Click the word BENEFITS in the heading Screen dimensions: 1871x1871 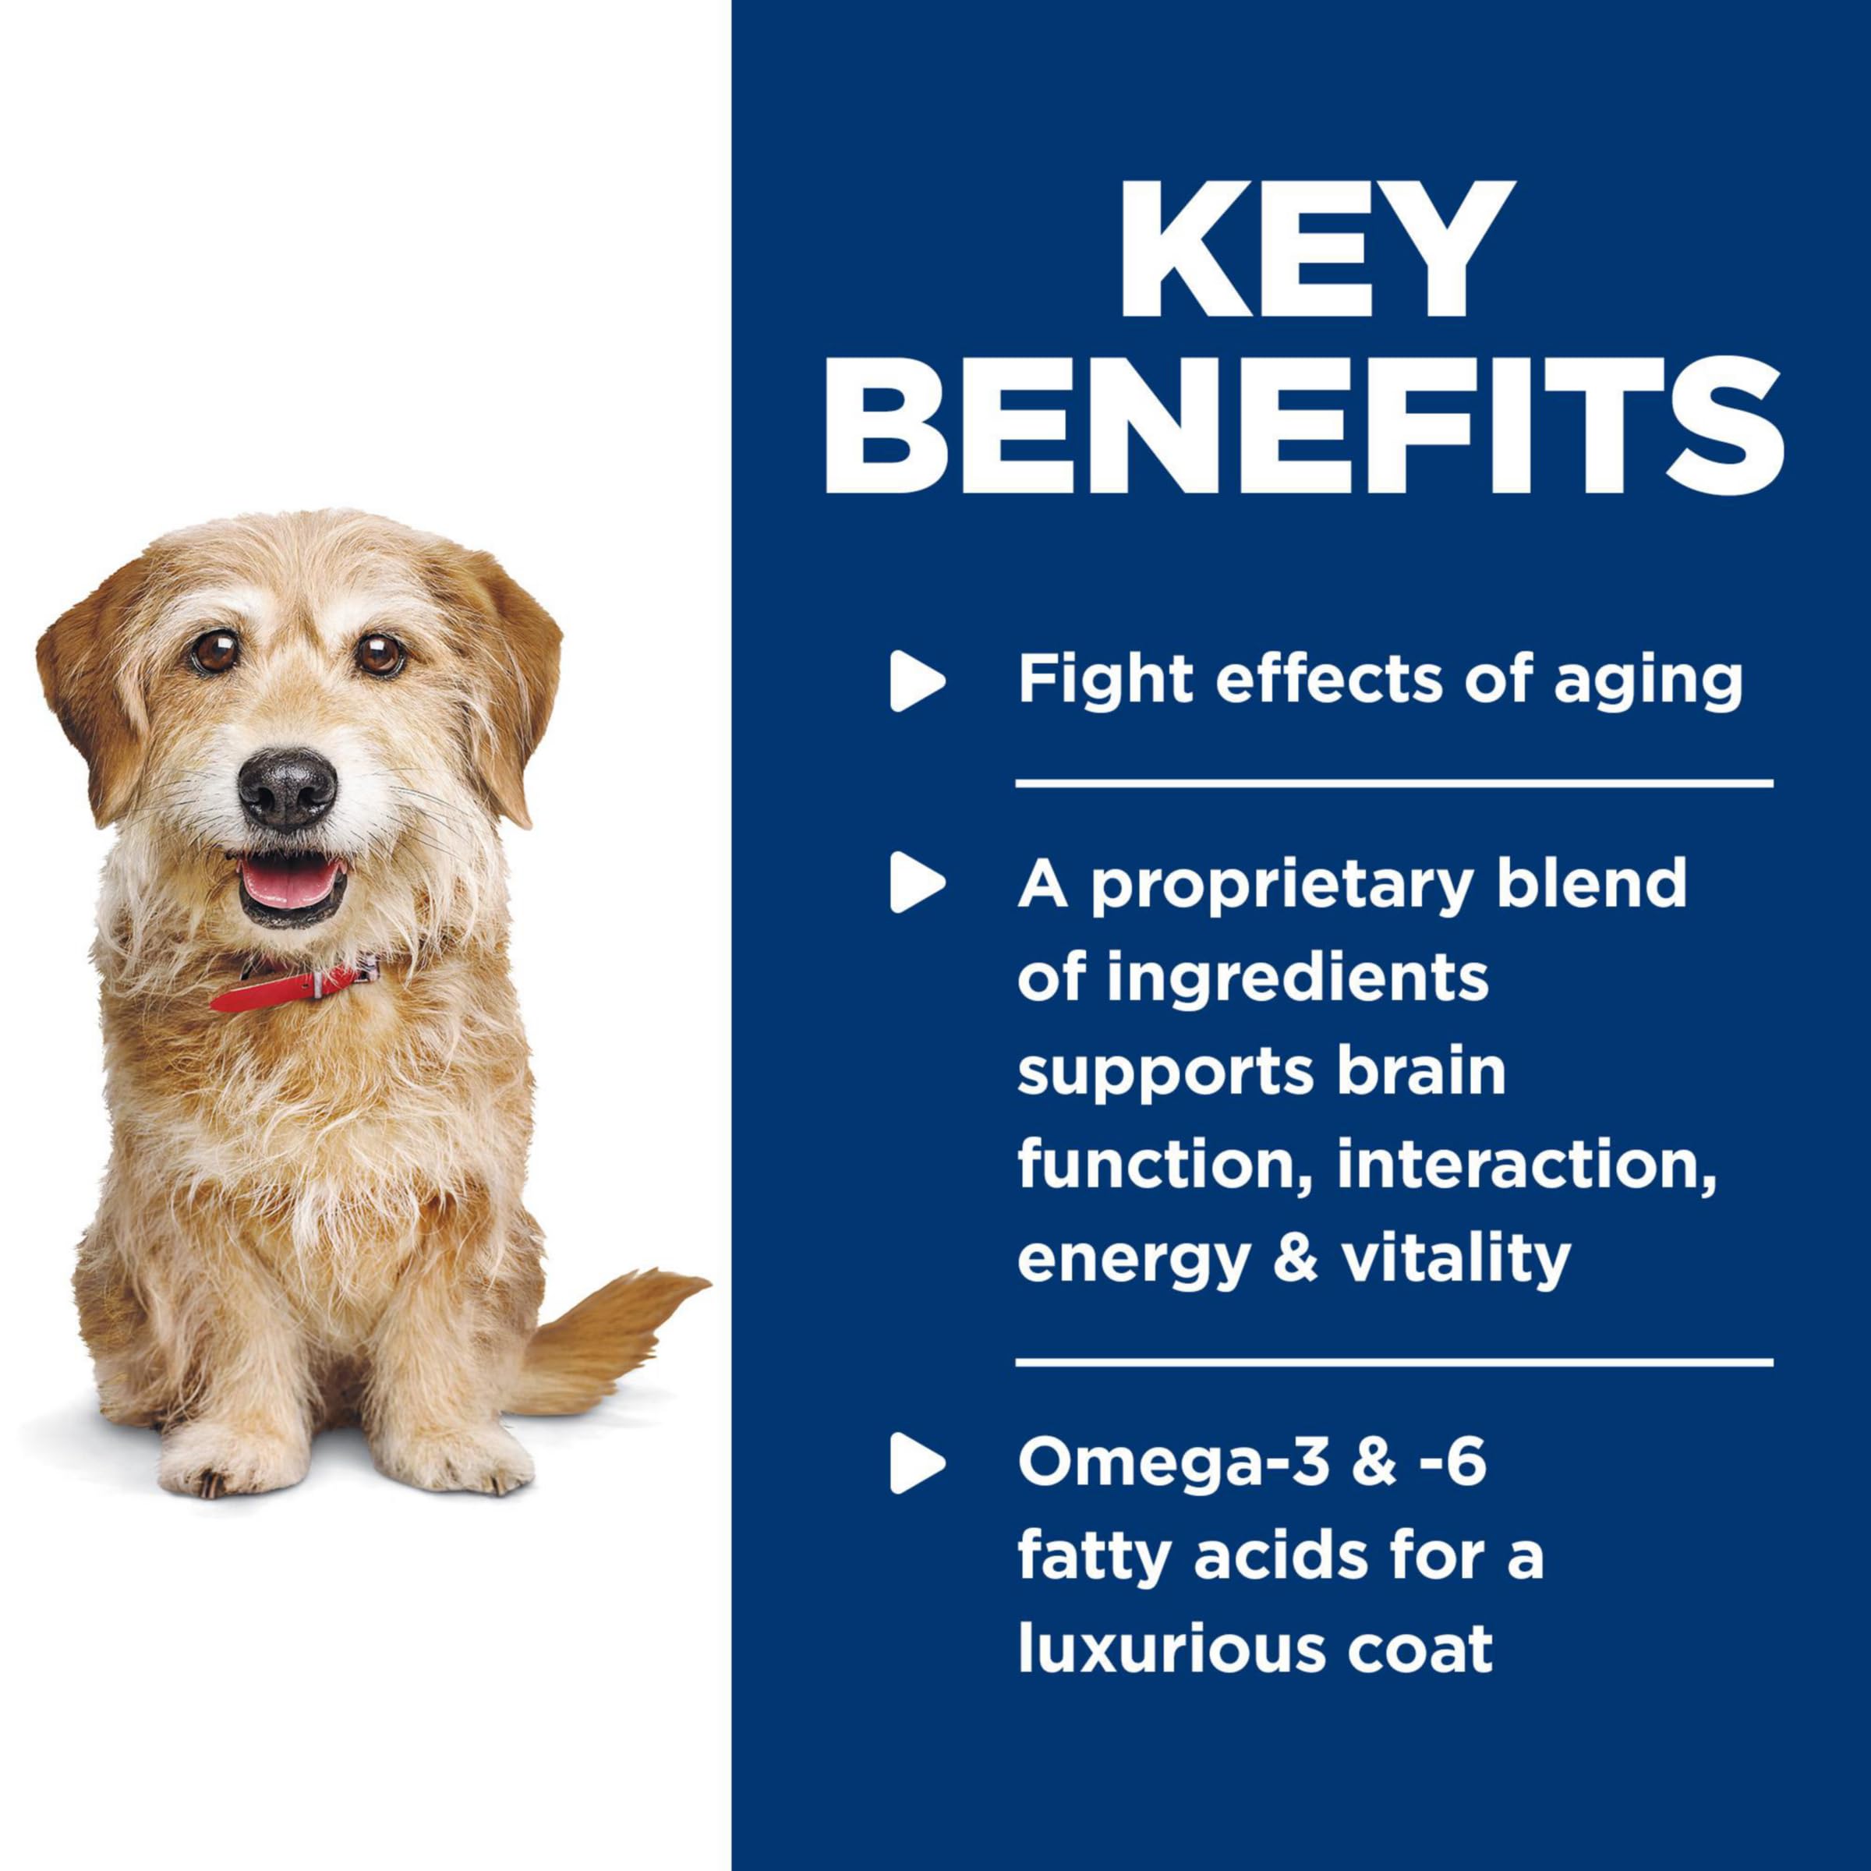(1303, 423)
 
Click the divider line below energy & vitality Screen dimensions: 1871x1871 (1395, 1363)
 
